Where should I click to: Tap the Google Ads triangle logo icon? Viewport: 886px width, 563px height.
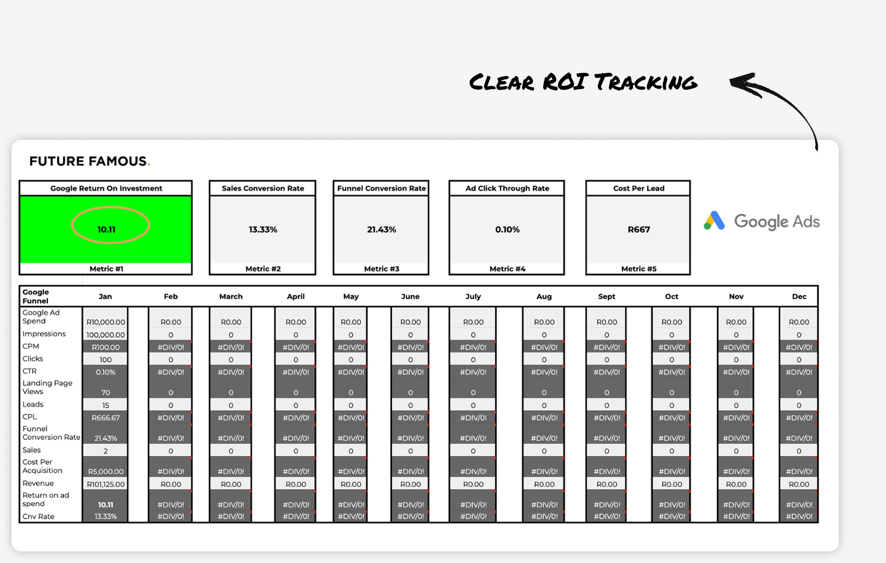(714, 221)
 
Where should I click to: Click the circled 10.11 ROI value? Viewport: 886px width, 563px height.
(107, 229)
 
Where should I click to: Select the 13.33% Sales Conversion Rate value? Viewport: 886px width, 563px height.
(263, 229)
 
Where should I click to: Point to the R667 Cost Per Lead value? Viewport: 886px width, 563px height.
(639, 229)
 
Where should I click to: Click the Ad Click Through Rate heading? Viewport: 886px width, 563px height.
(507, 188)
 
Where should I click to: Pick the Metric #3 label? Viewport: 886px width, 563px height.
(381, 269)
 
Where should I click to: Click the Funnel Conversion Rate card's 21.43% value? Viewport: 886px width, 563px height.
(381, 229)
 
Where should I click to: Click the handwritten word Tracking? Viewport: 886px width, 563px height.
(645, 82)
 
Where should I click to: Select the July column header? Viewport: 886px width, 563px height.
(473, 296)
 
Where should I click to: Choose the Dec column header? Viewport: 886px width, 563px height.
(799, 296)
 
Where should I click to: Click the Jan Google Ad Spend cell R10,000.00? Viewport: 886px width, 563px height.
(106, 322)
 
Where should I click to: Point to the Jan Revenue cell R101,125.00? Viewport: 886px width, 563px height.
(106, 484)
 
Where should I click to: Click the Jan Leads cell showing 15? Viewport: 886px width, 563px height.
(106, 405)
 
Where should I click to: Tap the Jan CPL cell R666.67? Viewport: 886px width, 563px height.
(106, 418)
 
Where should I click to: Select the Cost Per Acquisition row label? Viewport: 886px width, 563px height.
(42, 466)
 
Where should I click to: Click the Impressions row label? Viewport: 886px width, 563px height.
(44, 334)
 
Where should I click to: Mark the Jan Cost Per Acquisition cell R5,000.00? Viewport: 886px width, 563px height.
(106, 471)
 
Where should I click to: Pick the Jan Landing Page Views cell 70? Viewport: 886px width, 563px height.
(106, 392)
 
